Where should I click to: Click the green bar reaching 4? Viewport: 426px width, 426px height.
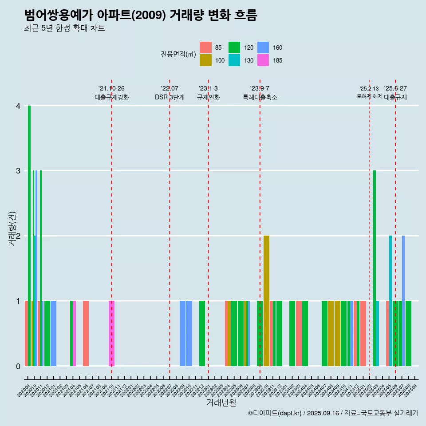point(29,235)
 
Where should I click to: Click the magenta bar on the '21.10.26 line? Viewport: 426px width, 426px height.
point(111,333)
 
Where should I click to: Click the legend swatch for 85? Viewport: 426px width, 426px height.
point(205,47)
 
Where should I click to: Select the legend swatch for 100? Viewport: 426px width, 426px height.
point(205,60)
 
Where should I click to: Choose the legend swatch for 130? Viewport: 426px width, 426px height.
point(234,60)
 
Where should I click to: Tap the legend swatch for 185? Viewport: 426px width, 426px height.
point(263,60)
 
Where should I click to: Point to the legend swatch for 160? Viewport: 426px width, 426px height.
point(263,47)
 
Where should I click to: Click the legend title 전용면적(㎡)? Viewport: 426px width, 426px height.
point(179,54)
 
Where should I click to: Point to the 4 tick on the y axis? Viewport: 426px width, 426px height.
point(18,106)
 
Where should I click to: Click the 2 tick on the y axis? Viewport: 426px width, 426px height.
point(18,236)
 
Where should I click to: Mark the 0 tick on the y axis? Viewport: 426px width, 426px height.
point(18,366)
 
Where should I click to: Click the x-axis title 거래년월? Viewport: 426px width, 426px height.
point(221,402)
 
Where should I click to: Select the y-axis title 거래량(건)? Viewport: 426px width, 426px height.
point(12,236)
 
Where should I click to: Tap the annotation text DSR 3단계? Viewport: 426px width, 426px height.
point(170,97)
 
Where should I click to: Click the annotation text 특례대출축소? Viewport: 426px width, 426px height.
point(260,97)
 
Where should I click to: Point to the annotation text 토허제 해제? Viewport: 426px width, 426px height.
point(369,96)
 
